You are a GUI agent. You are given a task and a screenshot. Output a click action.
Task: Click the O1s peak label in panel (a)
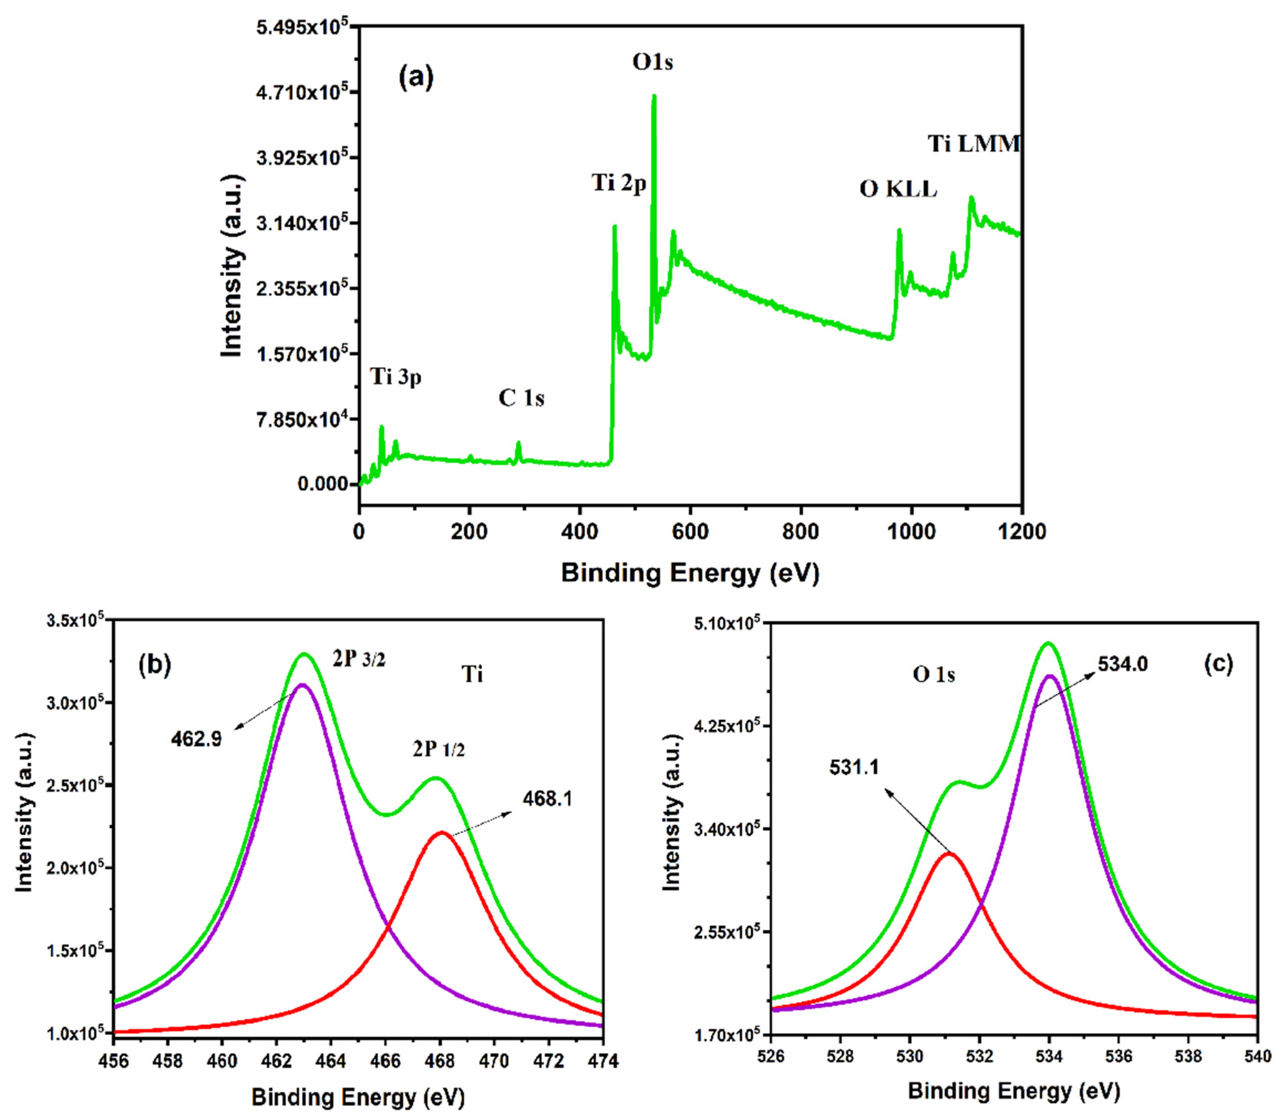tap(652, 63)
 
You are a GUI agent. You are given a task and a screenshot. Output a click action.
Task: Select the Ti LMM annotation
tap(974, 144)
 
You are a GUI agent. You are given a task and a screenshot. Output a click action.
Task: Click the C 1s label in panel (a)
tap(521, 398)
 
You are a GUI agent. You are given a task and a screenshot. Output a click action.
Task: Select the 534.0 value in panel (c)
tap(1122, 664)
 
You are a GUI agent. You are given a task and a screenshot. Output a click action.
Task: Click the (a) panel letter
tap(416, 78)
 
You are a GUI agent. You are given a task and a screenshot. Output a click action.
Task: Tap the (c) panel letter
tap(1218, 664)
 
